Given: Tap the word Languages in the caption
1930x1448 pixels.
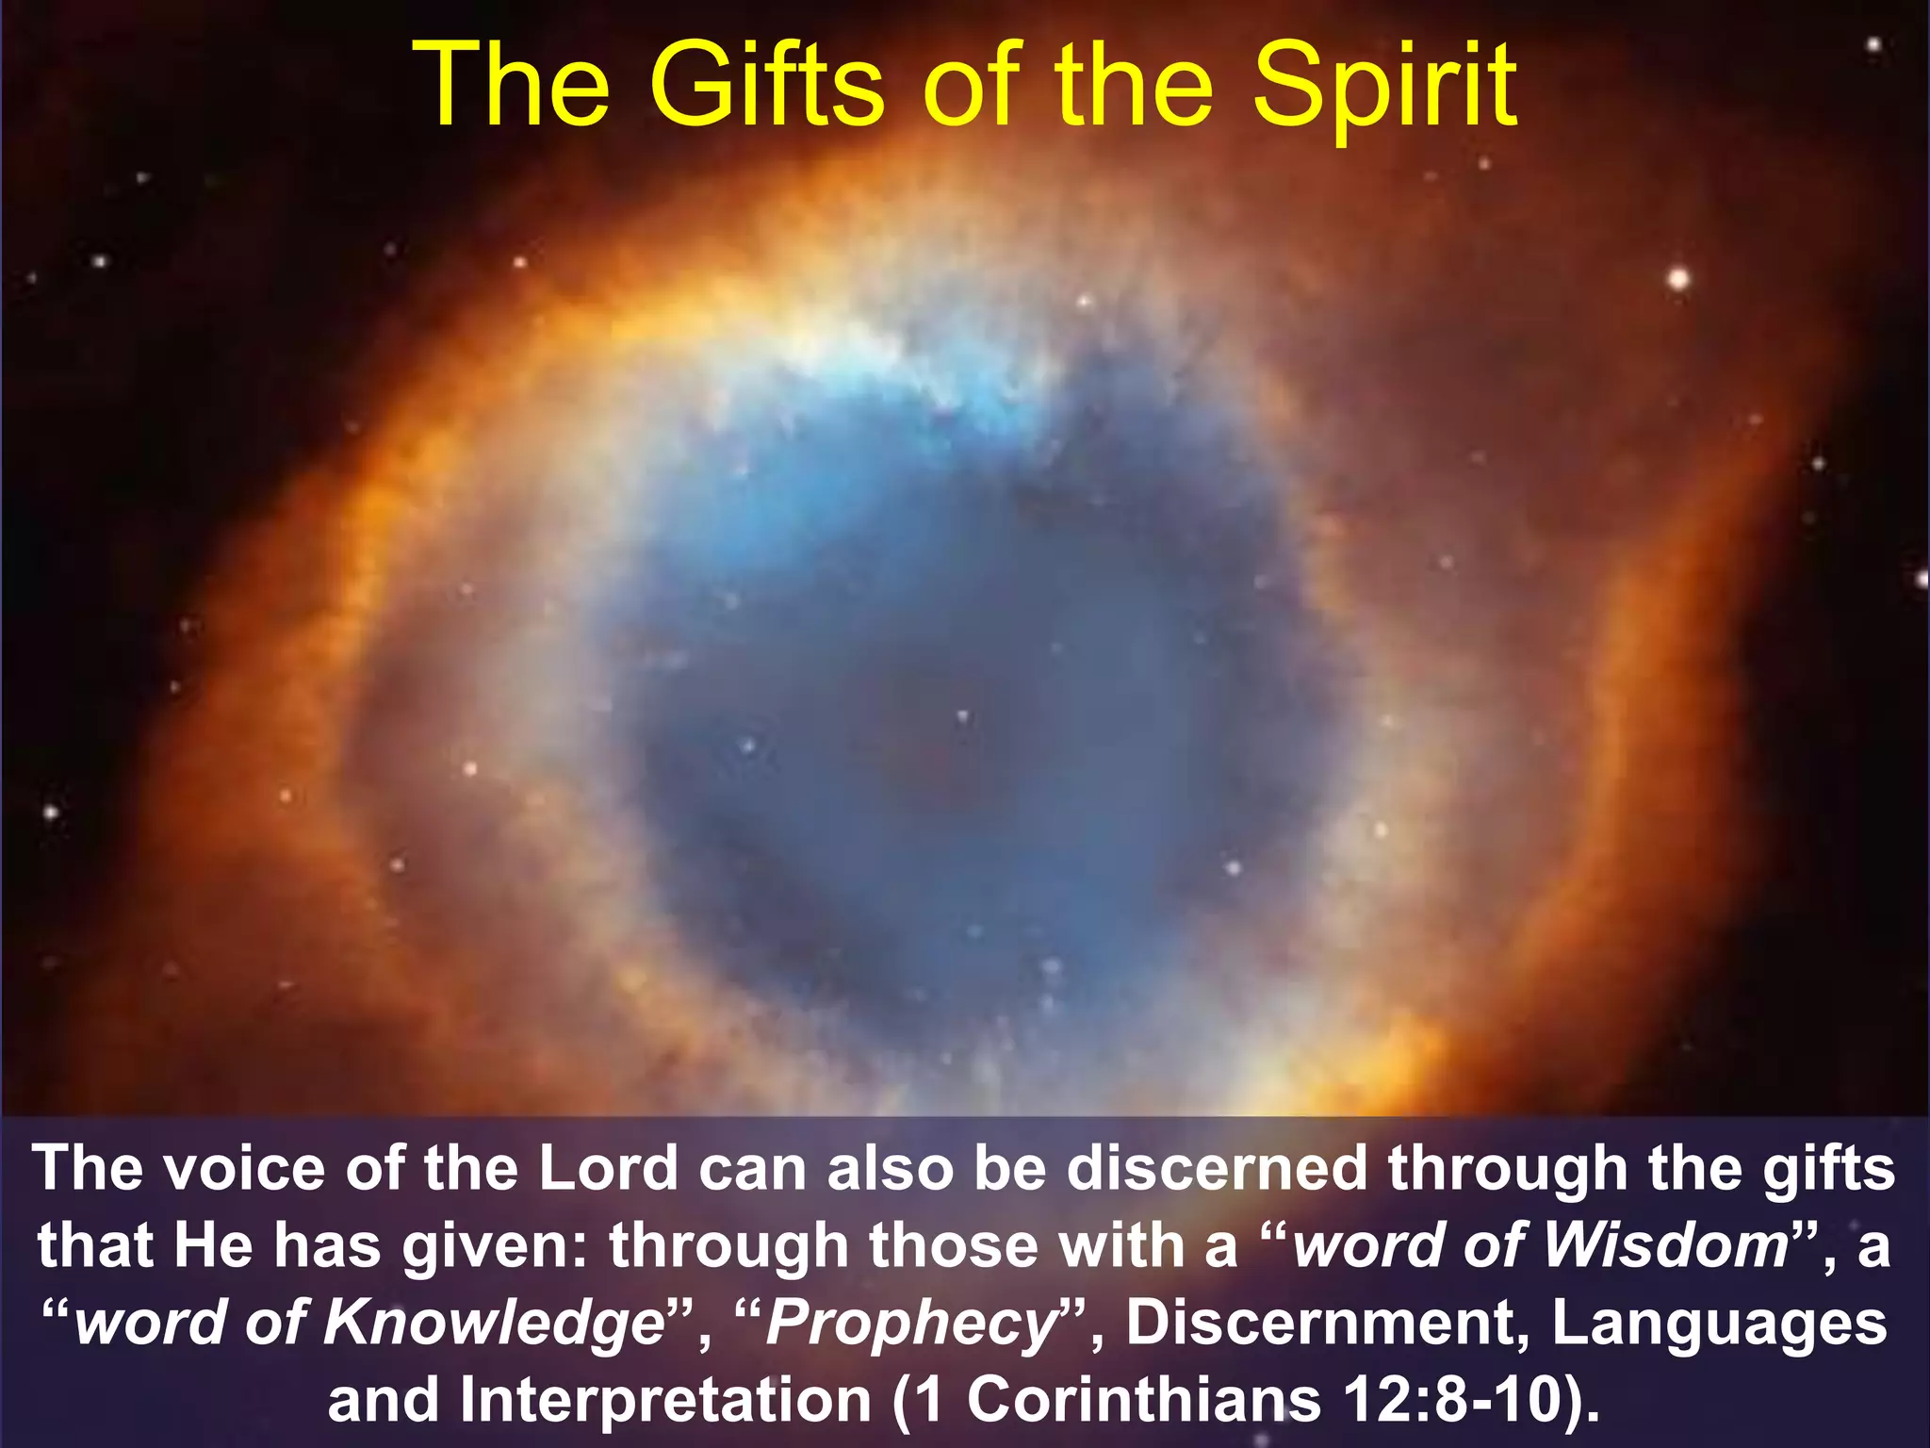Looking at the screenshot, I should point(1720,1324).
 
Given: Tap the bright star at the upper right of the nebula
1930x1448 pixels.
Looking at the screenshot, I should point(1678,279).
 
